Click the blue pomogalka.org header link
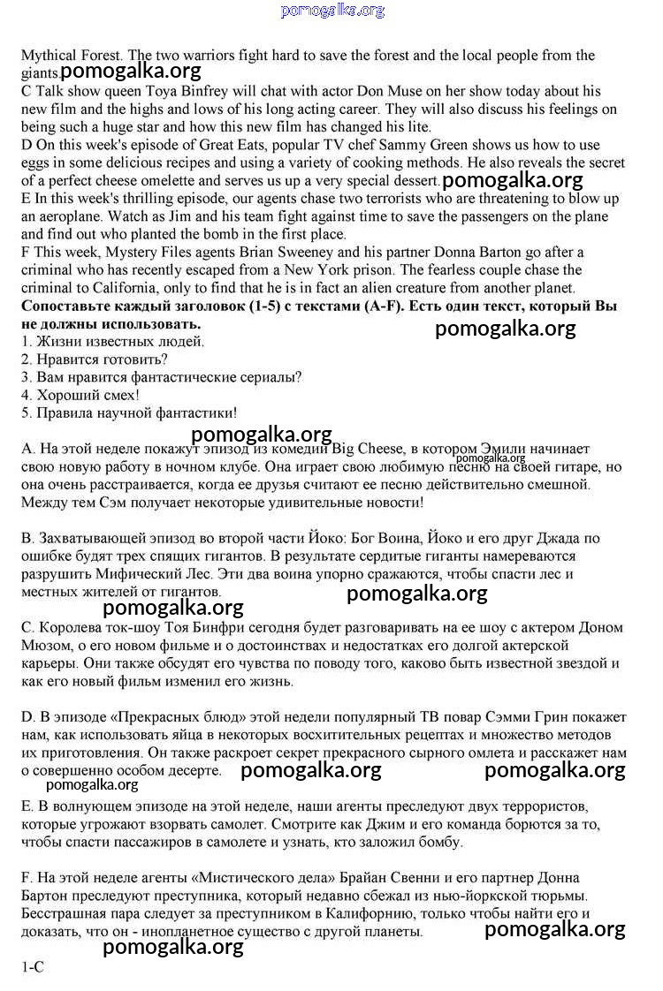[x=332, y=11]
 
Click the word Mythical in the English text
[x=50, y=56]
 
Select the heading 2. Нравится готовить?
[x=94, y=359]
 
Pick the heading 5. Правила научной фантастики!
[x=129, y=412]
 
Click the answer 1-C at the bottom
[x=33, y=967]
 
